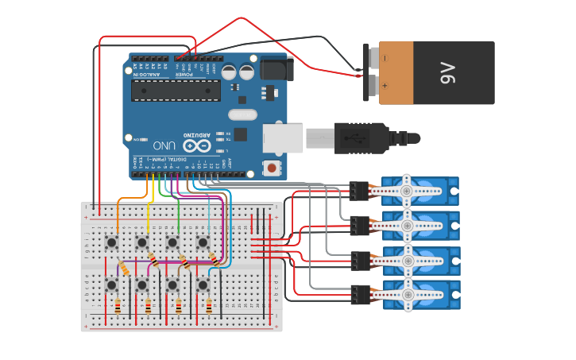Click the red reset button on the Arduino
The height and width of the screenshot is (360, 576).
[x=272, y=168]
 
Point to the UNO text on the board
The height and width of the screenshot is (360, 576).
[x=164, y=145]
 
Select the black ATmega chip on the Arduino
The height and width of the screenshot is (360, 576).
[x=176, y=90]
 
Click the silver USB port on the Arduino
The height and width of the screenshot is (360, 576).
[x=284, y=138]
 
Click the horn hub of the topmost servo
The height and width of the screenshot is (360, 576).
[x=407, y=192]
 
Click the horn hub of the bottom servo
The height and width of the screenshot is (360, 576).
[x=407, y=296]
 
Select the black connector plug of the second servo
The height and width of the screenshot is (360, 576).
[x=359, y=226]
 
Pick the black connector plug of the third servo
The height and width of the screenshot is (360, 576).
[x=359, y=261]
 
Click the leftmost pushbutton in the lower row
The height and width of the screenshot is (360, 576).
[x=112, y=284]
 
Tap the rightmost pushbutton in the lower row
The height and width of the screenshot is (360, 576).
[x=203, y=284]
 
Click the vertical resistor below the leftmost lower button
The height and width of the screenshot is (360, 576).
[x=118, y=306]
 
